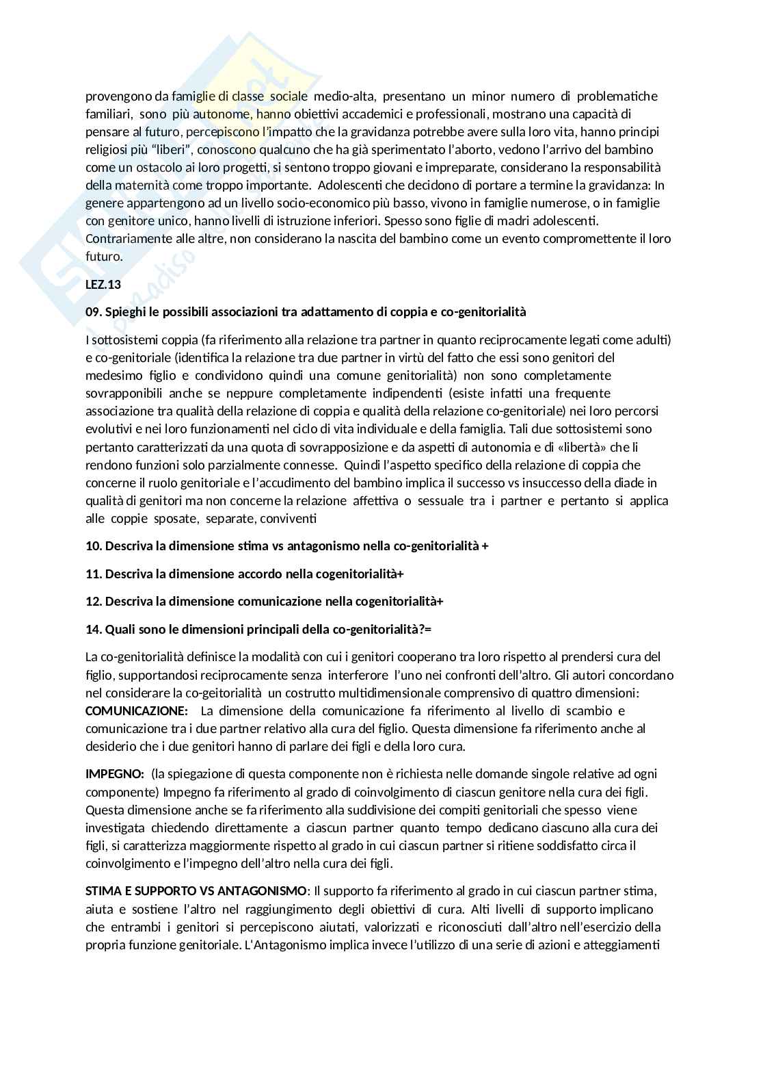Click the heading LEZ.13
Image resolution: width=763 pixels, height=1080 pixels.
click(x=103, y=284)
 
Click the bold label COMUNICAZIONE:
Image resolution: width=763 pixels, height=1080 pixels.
click(x=136, y=710)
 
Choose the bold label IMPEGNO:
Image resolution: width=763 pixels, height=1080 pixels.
click(x=114, y=774)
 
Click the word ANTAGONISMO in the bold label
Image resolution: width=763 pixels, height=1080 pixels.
click(x=268, y=891)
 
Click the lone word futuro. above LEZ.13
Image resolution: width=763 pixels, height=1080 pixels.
click(x=104, y=256)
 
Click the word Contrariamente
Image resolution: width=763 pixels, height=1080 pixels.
click(x=124, y=238)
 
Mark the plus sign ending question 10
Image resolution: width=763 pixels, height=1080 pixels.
click(x=485, y=546)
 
